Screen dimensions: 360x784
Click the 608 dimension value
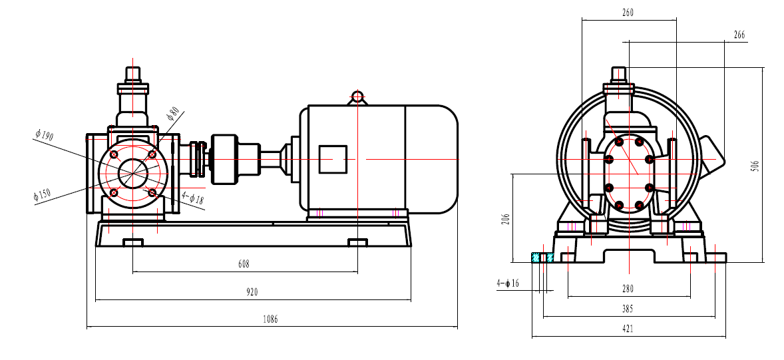pos(244,264)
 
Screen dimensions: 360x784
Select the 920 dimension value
pos(252,292)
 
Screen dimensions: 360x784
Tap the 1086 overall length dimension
pos(269,319)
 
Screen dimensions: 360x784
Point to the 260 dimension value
pos(628,13)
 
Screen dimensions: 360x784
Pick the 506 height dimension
pos(754,164)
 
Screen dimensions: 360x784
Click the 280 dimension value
pos(628,289)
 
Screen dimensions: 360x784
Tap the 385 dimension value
pos(628,309)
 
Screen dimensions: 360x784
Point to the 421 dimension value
pos(628,329)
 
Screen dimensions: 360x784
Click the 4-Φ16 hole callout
pos(507,283)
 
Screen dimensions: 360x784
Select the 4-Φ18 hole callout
pos(194,198)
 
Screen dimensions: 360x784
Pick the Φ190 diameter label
pos(44,135)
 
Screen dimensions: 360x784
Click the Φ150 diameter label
pos(41,196)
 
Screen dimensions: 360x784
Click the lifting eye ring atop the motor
pos(357,96)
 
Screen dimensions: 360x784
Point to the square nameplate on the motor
pos(333,160)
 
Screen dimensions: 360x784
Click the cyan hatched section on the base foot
pos(542,257)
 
